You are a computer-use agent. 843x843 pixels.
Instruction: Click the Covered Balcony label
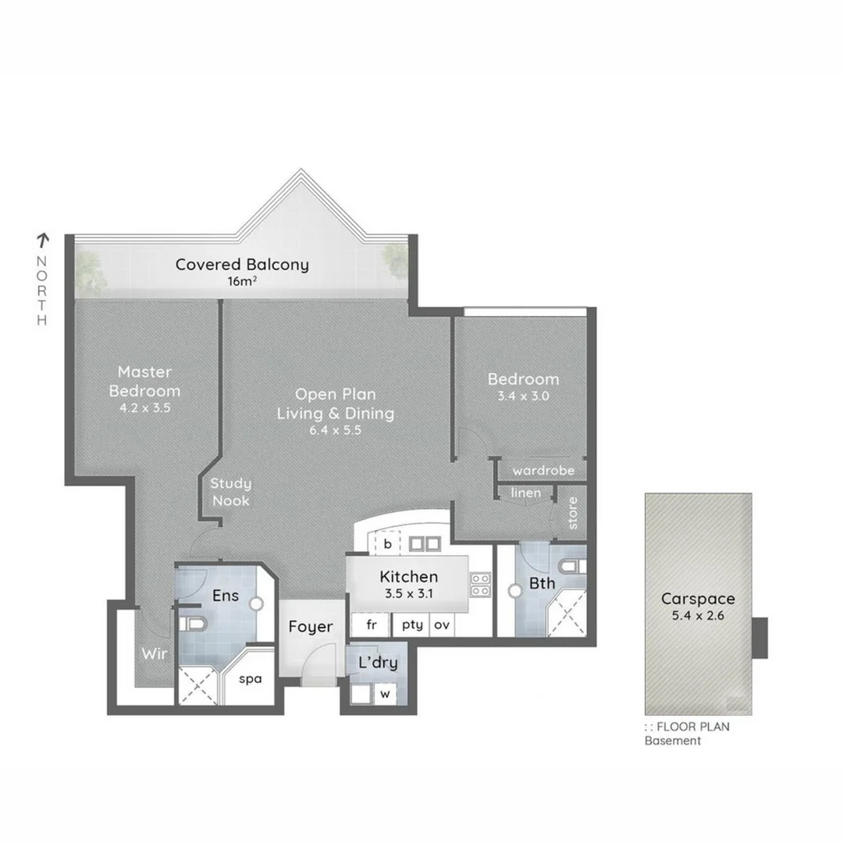pyautogui.click(x=242, y=265)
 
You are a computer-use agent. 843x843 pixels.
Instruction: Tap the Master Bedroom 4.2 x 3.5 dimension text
pyautogui.click(x=144, y=407)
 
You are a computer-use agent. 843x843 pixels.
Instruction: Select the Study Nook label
pyautogui.click(x=230, y=493)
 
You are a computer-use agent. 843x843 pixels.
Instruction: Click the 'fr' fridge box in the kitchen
pyautogui.click(x=371, y=624)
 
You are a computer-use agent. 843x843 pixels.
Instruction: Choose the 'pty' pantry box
pyautogui.click(x=411, y=624)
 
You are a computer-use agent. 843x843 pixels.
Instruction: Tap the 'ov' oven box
pyautogui.click(x=442, y=624)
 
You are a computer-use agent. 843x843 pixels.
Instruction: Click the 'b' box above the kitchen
pyautogui.click(x=386, y=542)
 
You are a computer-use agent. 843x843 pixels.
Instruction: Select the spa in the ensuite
pyautogui.click(x=250, y=679)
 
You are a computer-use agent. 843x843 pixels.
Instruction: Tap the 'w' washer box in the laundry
pyautogui.click(x=385, y=693)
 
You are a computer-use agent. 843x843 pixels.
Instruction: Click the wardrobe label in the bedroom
pyautogui.click(x=543, y=471)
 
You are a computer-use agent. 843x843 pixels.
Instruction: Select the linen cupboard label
pyautogui.click(x=525, y=493)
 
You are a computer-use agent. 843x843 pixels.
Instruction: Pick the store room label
pyautogui.click(x=573, y=513)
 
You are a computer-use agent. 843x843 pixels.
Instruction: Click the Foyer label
pyautogui.click(x=311, y=627)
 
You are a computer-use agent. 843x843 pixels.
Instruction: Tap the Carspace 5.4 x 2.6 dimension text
pyautogui.click(x=699, y=616)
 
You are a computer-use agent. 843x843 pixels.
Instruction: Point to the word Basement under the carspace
pyautogui.click(x=672, y=741)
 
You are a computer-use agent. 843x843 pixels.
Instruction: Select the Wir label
pyautogui.click(x=153, y=654)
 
